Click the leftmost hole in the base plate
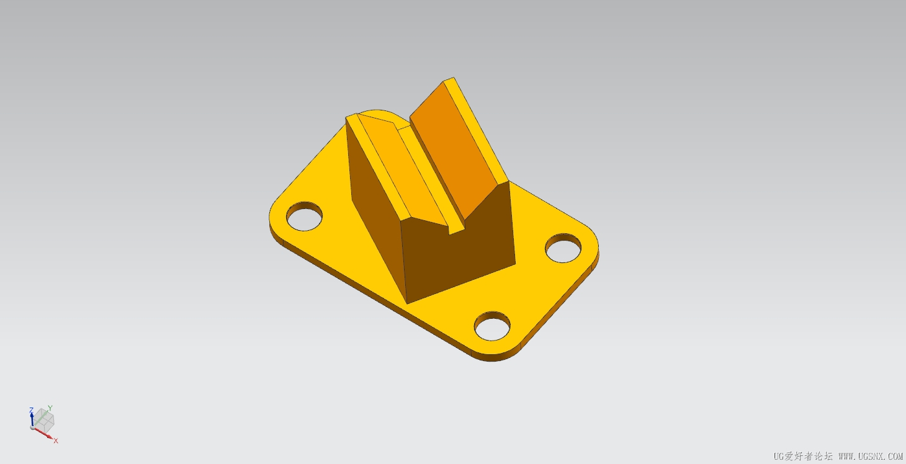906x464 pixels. (304, 216)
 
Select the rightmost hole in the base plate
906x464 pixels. (563, 248)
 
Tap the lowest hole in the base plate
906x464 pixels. (492, 326)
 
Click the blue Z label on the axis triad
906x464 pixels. (31, 411)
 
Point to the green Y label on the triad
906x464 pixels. (50, 408)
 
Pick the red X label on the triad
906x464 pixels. (56, 440)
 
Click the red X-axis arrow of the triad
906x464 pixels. (42, 433)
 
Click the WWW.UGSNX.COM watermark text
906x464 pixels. (871, 457)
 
